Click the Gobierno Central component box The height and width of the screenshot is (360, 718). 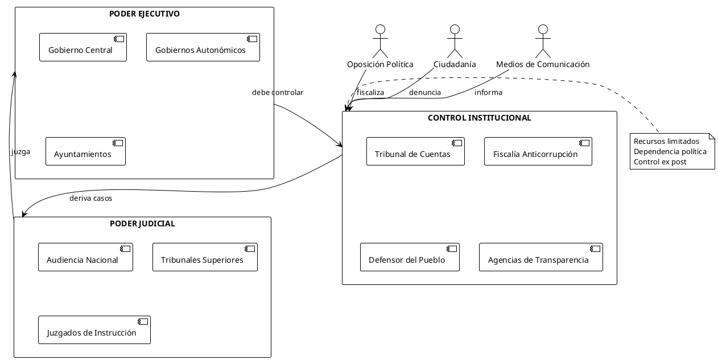tap(83, 47)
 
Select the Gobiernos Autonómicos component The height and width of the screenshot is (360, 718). tap(203, 47)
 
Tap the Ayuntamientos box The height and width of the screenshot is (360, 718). tap(85, 151)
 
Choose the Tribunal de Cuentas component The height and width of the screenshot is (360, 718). tap(415, 151)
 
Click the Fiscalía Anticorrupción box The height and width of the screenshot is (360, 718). tap(538, 151)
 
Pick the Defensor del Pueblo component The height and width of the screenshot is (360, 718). tap(410, 257)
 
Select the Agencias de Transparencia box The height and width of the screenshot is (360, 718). tap(540, 257)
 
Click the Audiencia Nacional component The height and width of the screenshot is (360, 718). tap(85, 257)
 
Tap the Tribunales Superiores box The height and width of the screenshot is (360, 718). tap(205, 257)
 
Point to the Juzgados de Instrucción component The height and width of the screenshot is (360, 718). tap(94, 330)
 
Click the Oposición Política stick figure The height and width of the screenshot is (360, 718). tap(380, 41)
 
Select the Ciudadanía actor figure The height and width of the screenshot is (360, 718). tap(454, 41)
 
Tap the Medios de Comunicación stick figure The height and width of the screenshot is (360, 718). tap(543, 41)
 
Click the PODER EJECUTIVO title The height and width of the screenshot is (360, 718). tap(145, 14)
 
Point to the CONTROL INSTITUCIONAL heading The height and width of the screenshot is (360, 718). tap(479, 118)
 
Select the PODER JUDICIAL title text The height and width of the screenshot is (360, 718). tap(142, 224)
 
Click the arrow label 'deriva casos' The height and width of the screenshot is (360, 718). tap(91, 198)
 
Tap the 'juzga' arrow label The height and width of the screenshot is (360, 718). tap(20, 152)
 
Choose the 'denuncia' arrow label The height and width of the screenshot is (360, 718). tap(425, 92)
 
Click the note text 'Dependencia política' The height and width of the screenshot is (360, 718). tap(670, 151)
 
